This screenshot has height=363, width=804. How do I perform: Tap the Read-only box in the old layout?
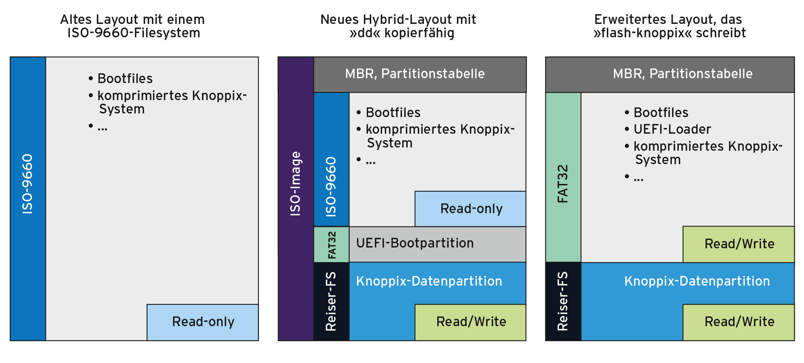[x=203, y=322]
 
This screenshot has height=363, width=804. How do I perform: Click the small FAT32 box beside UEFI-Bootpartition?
[x=331, y=244]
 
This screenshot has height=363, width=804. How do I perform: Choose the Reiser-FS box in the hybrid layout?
[x=331, y=301]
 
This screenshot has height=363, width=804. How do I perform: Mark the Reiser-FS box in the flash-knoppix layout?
[x=563, y=301]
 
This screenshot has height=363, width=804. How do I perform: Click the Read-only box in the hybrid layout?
[x=470, y=209]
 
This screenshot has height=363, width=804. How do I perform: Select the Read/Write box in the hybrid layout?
[x=470, y=322]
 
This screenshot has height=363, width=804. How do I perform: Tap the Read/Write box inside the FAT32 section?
[x=739, y=244]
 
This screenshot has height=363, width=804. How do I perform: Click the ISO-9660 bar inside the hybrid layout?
[x=331, y=159]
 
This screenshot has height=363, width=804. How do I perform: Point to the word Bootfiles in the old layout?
[x=125, y=78]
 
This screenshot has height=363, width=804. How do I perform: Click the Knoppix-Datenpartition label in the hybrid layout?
[x=429, y=281]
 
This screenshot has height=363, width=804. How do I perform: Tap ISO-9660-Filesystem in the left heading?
[x=134, y=33]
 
